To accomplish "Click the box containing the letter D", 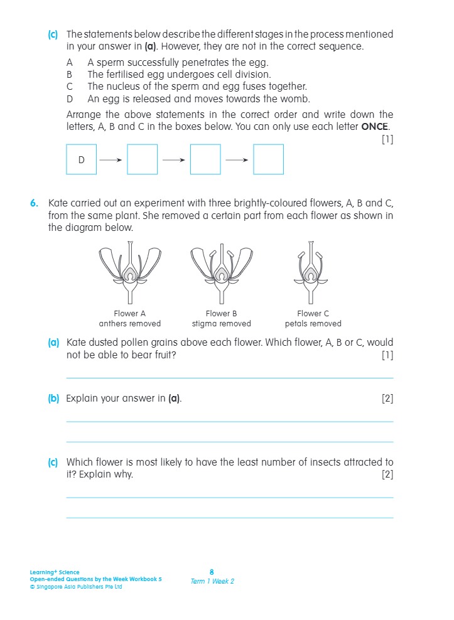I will click(x=81, y=159).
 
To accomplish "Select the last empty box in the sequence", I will click(x=268, y=159).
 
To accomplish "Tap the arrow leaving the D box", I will click(x=111, y=159).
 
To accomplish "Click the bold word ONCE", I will click(x=374, y=126).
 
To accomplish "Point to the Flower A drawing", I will click(x=130, y=273).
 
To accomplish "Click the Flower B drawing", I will click(x=221, y=273).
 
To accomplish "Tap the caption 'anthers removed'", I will click(x=130, y=324).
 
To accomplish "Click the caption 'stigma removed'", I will click(x=221, y=324).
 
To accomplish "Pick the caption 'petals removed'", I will click(x=313, y=324).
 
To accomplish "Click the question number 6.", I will click(x=33, y=203).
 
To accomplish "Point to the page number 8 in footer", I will click(x=212, y=572).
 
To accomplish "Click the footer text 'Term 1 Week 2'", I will click(x=212, y=581).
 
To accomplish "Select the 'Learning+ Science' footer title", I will click(x=55, y=572).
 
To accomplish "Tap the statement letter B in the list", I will click(x=70, y=75).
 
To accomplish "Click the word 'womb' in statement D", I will click(x=295, y=99).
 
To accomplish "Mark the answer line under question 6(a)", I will click(x=229, y=378).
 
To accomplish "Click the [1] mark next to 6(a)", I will click(x=387, y=355).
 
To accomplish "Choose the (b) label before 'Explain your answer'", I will click(x=53, y=398).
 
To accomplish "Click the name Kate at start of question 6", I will click(x=58, y=203).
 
